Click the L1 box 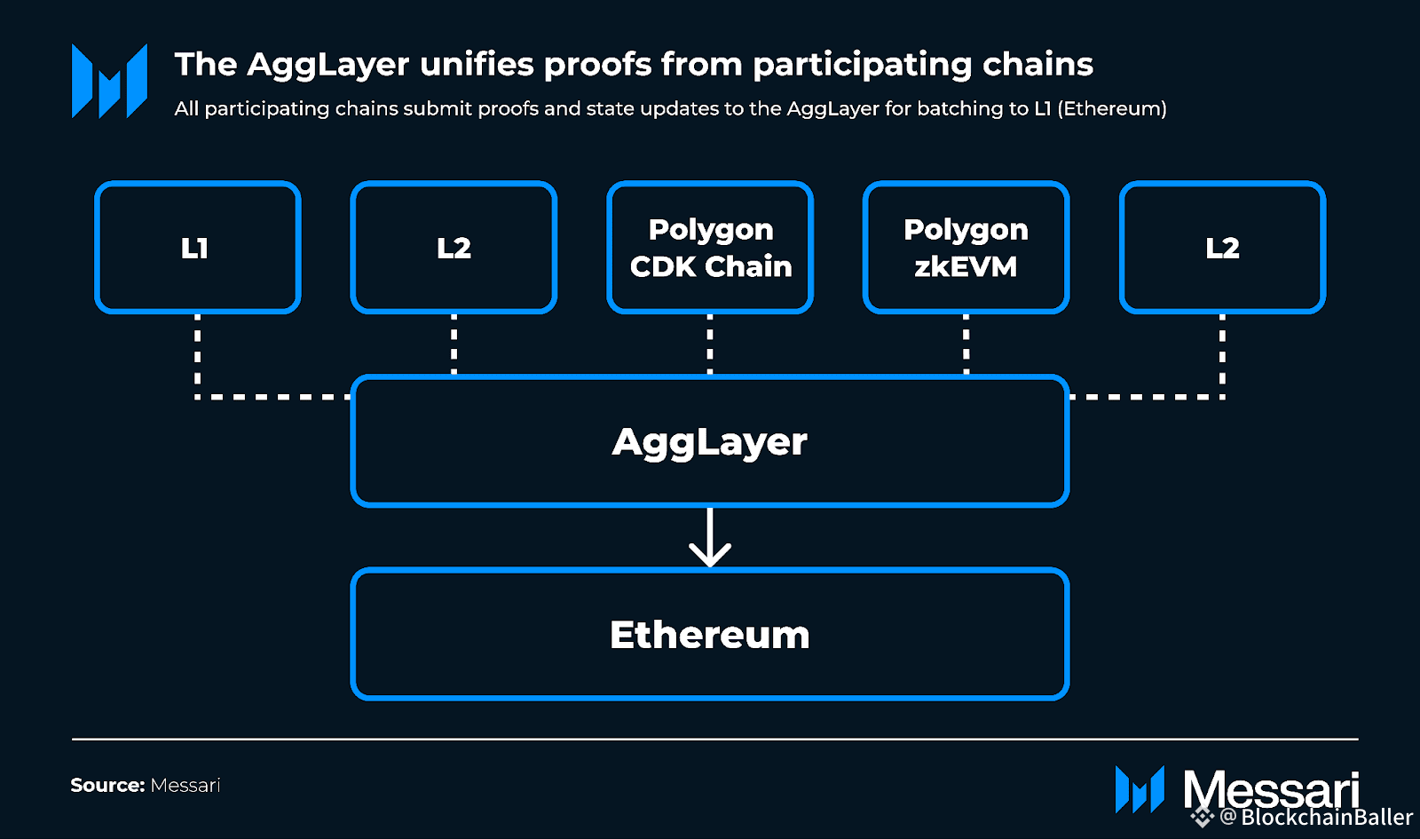click(x=197, y=248)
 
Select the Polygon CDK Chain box click(x=710, y=248)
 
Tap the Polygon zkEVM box click(x=966, y=248)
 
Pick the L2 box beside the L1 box click(x=454, y=248)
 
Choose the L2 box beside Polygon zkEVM click(x=1222, y=248)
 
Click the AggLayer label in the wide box click(x=710, y=441)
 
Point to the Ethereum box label click(x=710, y=635)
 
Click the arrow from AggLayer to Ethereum click(x=710, y=538)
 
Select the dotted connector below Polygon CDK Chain click(x=710, y=344)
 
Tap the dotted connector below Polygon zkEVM click(x=966, y=344)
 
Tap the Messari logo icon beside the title click(x=109, y=81)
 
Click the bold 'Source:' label click(x=107, y=785)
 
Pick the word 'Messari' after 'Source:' click(x=185, y=785)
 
